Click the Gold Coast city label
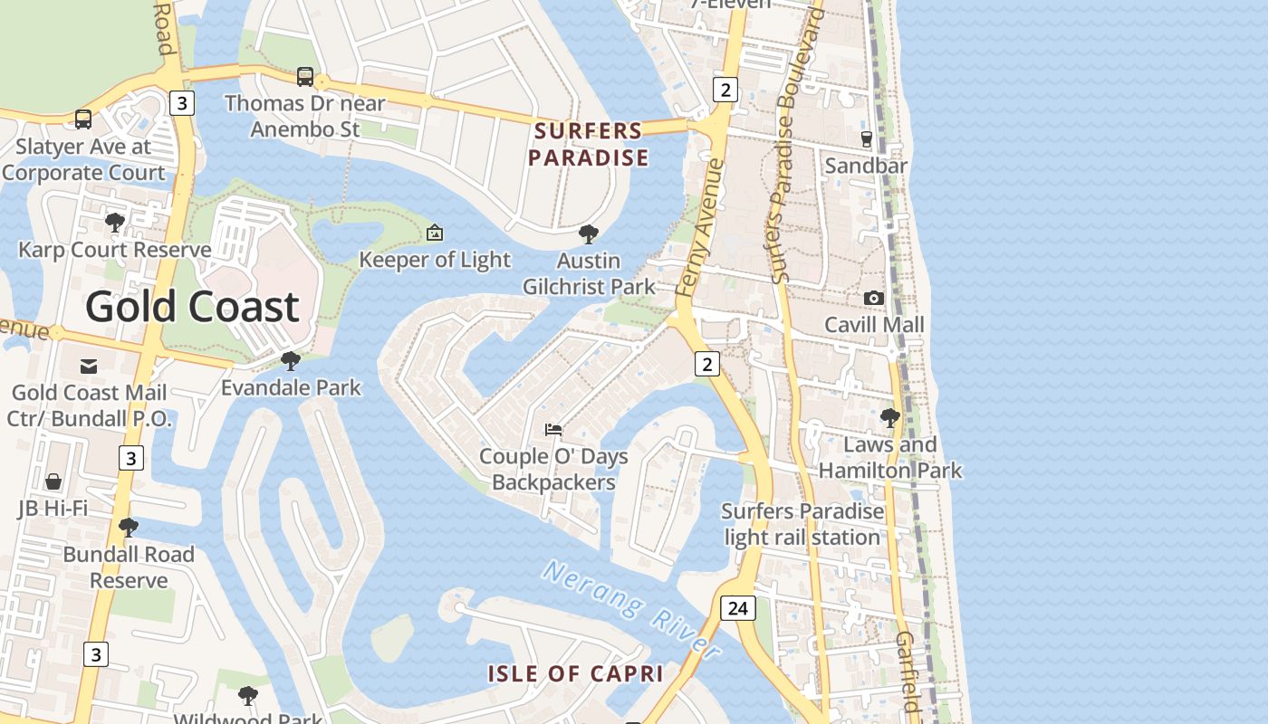[x=192, y=308]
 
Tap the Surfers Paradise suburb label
[x=589, y=145]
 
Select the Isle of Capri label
[x=576, y=673]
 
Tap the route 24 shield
[x=737, y=608]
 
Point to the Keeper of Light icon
[x=435, y=233]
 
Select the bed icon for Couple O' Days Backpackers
[x=553, y=429]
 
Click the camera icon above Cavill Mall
[x=874, y=298]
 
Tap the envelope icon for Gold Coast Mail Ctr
[x=89, y=366]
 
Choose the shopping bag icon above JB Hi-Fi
[x=53, y=481]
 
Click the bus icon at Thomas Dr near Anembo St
[x=305, y=77]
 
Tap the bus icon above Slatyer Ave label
[x=83, y=119]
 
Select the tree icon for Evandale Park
[x=291, y=361]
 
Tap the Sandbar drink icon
[x=867, y=138]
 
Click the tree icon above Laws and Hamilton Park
[x=890, y=418]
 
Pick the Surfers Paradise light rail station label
[x=802, y=524]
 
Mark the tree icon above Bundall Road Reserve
[x=129, y=527]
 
